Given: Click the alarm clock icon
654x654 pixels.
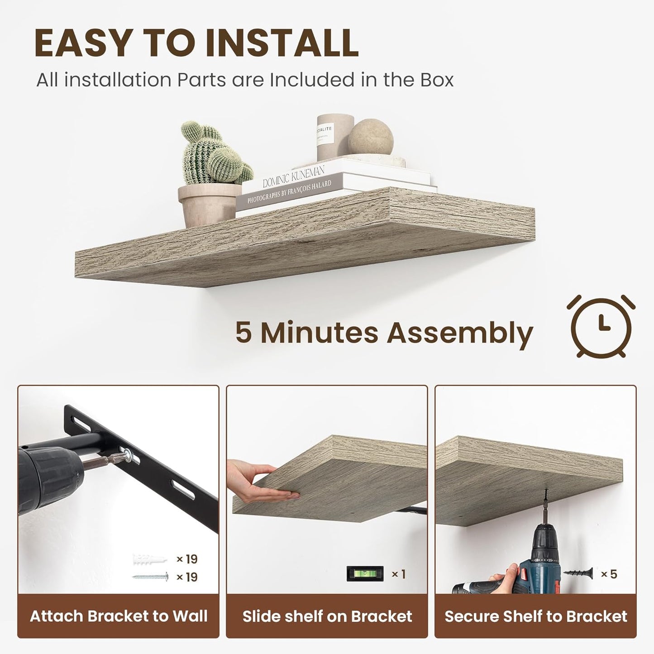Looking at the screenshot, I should pyautogui.click(x=601, y=326).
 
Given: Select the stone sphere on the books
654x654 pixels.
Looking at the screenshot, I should pyautogui.click(x=370, y=138).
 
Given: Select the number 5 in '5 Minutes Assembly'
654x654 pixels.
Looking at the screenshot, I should pyautogui.click(x=243, y=333).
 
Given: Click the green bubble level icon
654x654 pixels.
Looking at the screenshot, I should pyautogui.click(x=365, y=574).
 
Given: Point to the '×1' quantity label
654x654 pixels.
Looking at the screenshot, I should pyautogui.click(x=398, y=574).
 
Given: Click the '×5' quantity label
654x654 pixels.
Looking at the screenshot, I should pyautogui.click(x=609, y=574).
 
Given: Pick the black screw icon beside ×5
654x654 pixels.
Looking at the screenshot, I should pyautogui.click(x=578, y=573).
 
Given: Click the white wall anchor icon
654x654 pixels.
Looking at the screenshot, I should pyautogui.click(x=149, y=560).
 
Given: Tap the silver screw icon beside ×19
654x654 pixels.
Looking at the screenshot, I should pyautogui.click(x=150, y=577).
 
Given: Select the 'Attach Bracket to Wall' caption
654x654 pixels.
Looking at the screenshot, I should pyautogui.click(x=119, y=616).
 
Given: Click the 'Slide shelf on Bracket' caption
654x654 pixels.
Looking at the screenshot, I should pyautogui.click(x=327, y=616).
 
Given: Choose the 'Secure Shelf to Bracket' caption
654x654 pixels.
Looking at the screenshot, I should pyautogui.click(x=536, y=616).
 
